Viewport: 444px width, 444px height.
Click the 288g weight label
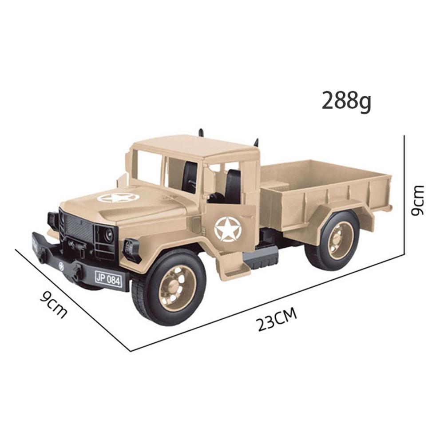(346, 101)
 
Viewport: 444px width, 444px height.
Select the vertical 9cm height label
(417, 200)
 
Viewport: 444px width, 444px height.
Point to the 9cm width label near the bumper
(54, 304)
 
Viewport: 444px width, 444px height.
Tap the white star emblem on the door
(227, 229)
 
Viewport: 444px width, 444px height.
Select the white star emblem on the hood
(118, 198)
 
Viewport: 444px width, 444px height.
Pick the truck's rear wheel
(333, 240)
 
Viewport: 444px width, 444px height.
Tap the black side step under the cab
(261, 257)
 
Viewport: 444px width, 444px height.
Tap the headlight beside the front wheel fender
(132, 250)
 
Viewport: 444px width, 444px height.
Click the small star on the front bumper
(61, 266)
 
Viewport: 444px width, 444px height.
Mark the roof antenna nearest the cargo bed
(256, 143)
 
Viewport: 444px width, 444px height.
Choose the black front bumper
(67, 264)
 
